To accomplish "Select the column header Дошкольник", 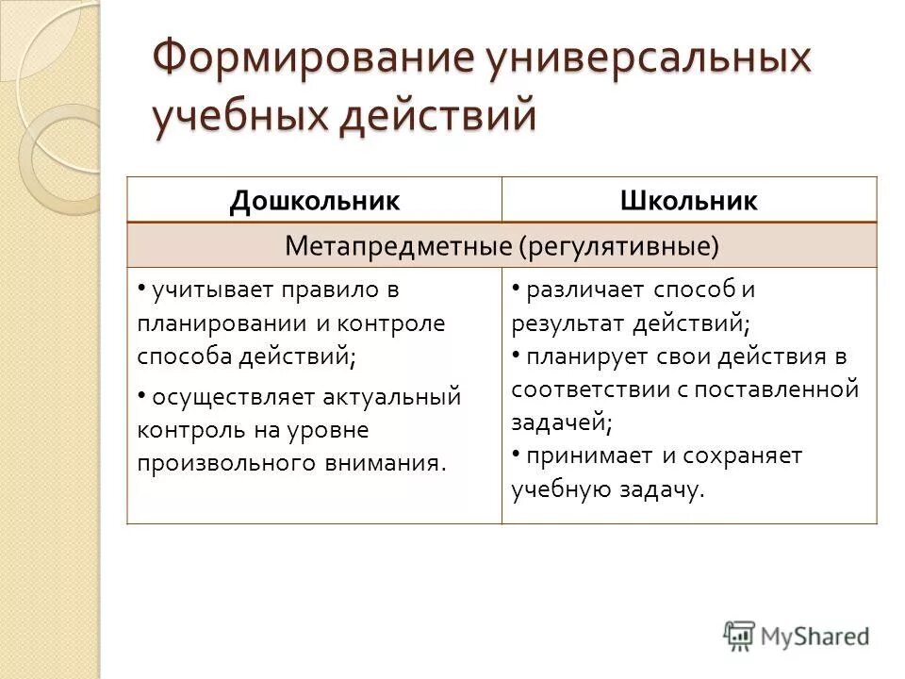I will [314, 200].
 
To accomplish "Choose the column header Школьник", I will [688, 200].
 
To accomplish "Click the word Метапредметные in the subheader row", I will [398, 246].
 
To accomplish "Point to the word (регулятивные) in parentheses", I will [617, 246].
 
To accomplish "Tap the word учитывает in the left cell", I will [197, 290].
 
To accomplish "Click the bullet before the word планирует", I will [517, 354].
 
